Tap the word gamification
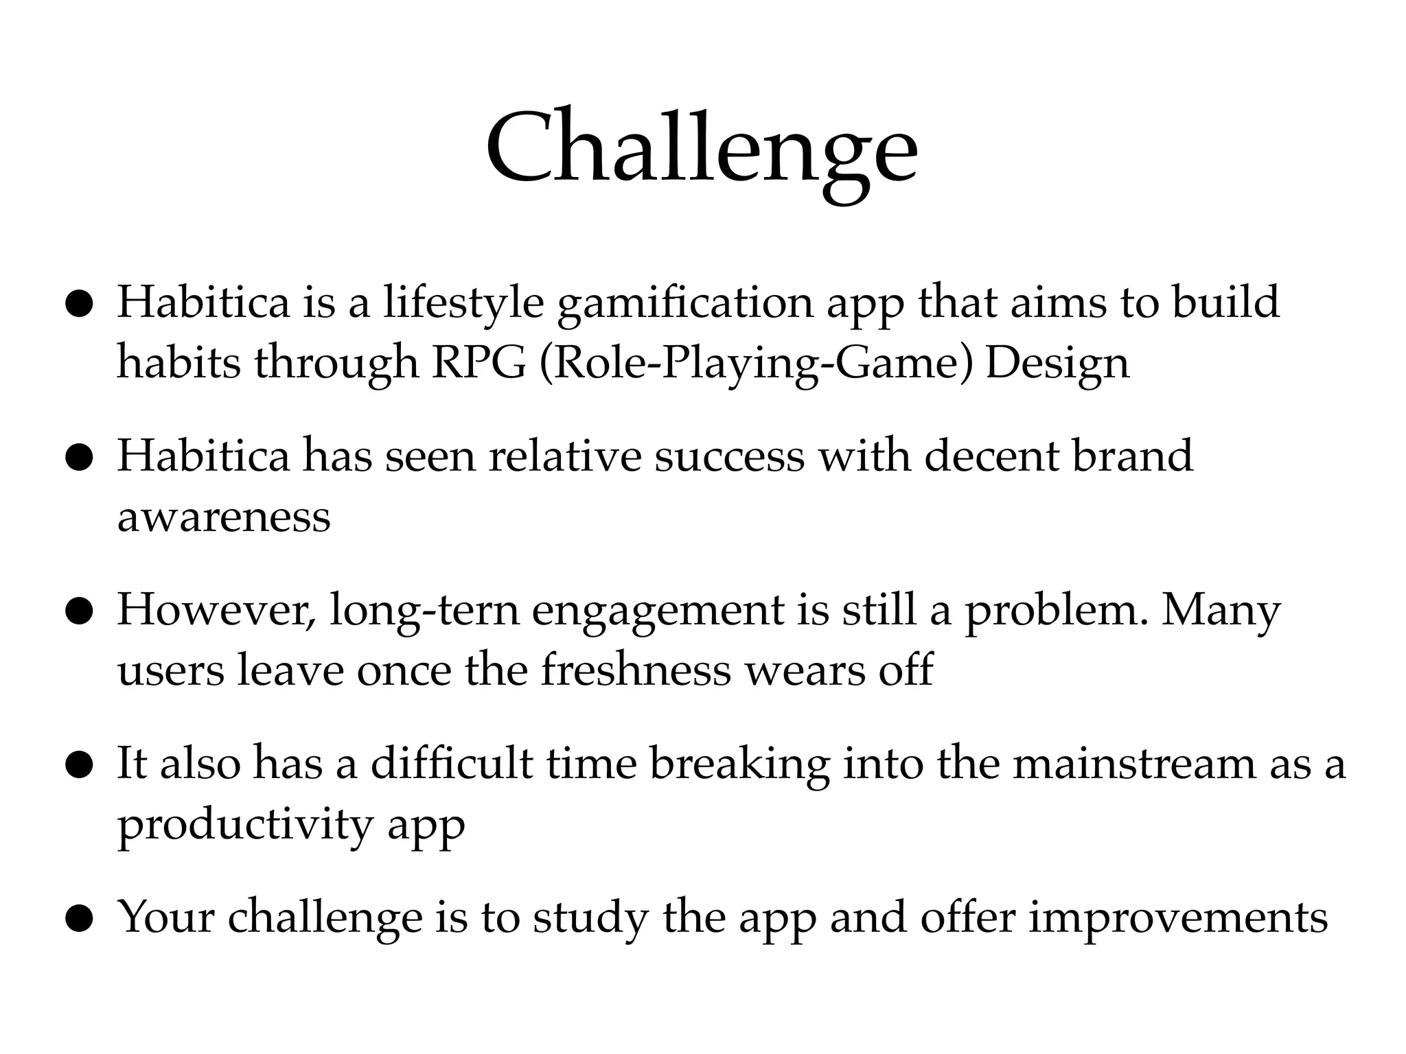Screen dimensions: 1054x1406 tap(685, 303)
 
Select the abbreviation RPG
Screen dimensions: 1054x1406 tap(479, 362)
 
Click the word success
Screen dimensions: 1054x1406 tap(728, 456)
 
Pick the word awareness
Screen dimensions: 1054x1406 tap(224, 516)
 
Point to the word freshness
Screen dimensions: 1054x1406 tap(636, 670)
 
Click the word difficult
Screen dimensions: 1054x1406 tap(452, 763)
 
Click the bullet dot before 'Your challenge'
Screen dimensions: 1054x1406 tap(79, 918)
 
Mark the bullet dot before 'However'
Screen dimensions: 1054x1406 tap(79, 611)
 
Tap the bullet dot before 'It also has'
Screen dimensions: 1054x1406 tap(79, 765)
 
